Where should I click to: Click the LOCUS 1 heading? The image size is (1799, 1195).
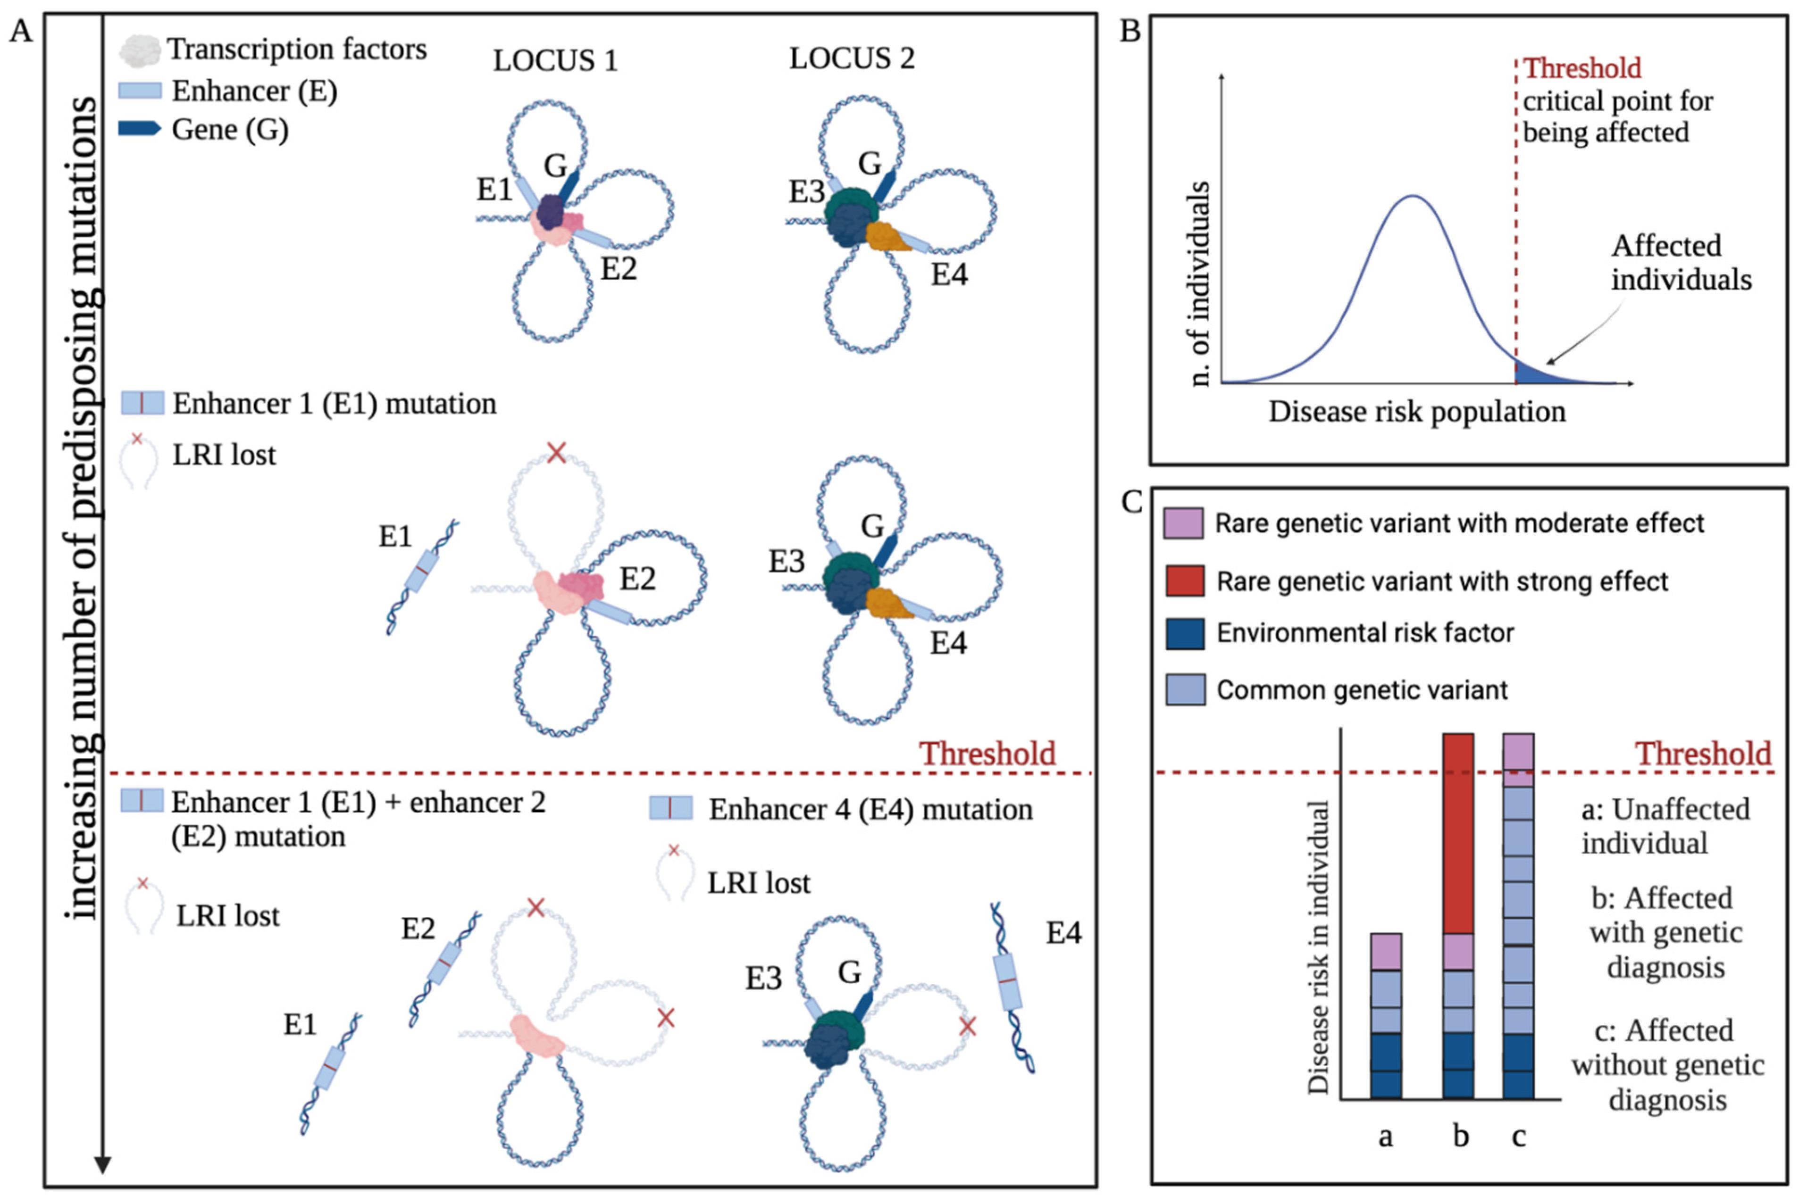pos(555,61)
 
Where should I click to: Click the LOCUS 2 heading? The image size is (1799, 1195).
pos(852,58)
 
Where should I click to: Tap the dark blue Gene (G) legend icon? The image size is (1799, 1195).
pos(140,129)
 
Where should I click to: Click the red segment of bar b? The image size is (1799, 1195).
pos(1458,831)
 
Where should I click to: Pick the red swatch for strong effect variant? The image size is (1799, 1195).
pos(1185,581)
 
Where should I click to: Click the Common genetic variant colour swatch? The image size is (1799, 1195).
pos(1185,690)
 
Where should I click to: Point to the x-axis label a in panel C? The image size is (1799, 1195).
pos(1385,1137)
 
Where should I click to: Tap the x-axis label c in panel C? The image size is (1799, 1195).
pos(1518,1137)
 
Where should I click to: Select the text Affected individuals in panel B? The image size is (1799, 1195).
pos(1681,263)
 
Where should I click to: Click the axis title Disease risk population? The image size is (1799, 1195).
pos(1416,412)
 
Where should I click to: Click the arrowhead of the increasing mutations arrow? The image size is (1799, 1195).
pos(103,1164)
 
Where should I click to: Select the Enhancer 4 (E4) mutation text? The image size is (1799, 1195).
pos(870,809)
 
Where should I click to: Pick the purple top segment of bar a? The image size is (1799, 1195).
pos(1386,951)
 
